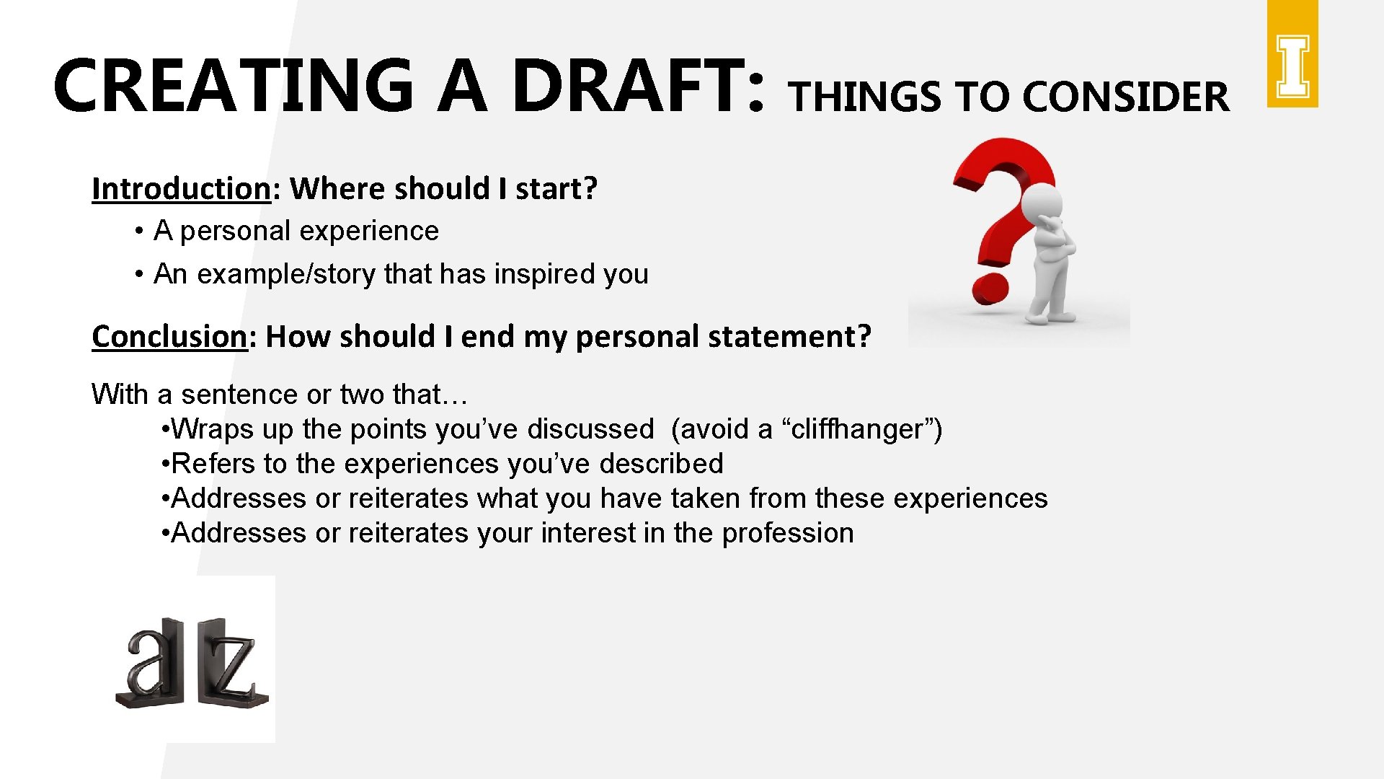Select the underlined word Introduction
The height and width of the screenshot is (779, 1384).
point(181,189)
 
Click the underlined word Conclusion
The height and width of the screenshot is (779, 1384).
point(169,337)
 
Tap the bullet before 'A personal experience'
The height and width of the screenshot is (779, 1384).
point(137,232)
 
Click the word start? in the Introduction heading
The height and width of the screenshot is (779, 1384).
point(556,189)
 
